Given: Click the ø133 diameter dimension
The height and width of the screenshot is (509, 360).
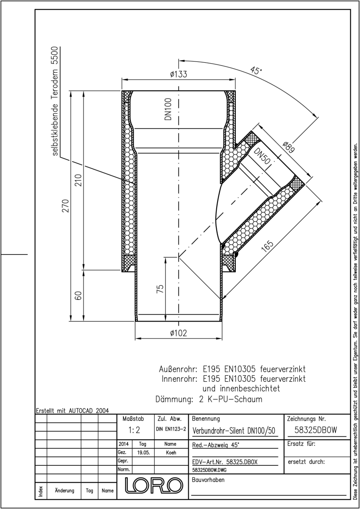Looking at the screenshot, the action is (x=179, y=74).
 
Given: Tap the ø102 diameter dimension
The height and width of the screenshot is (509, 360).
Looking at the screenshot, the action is (x=179, y=333).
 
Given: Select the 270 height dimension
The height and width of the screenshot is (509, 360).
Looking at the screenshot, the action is (x=66, y=206).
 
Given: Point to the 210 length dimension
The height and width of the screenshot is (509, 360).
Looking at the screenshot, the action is (x=78, y=180).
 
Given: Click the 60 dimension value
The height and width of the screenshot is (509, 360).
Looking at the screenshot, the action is (x=78, y=295).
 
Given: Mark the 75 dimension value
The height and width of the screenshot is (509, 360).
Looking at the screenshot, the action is (x=160, y=288).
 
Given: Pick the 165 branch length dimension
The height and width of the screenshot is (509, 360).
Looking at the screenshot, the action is (x=268, y=246).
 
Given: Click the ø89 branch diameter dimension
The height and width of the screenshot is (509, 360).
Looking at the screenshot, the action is (x=289, y=147).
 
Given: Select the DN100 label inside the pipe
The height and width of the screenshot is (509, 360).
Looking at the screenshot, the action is (x=168, y=109).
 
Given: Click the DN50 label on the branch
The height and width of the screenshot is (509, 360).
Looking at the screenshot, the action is (x=262, y=156).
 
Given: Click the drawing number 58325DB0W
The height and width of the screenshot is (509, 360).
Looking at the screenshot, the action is (x=316, y=430).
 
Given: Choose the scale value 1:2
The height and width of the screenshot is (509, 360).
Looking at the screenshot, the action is (x=134, y=430).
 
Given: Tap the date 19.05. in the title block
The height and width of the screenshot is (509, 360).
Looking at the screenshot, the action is (x=144, y=453).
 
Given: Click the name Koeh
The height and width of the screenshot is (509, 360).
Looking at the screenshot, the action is (x=171, y=453).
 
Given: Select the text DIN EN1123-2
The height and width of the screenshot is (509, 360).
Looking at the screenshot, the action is (x=171, y=429).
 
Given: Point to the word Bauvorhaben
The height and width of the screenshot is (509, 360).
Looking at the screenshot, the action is (x=208, y=480).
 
